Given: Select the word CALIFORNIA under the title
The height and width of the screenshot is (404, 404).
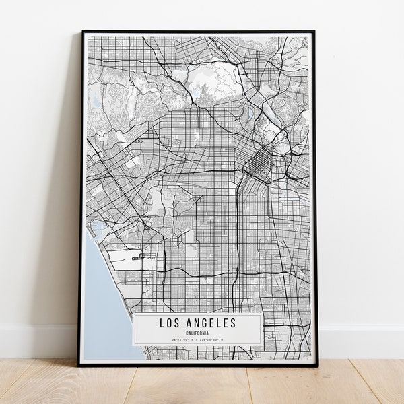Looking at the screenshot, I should (198, 333).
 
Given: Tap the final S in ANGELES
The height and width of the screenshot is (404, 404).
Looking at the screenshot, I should (234, 323).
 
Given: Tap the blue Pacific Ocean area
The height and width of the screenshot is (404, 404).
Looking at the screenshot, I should (101, 296).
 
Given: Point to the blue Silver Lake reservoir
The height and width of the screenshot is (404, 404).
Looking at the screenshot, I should (250, 112).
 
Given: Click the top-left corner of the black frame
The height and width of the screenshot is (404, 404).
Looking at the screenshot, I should (83, 32).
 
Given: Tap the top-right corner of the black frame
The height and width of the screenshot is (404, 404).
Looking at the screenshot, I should (314, 32).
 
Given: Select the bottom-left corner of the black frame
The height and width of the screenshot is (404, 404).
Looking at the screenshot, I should (79, 364).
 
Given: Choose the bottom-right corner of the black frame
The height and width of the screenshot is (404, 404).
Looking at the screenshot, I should (317, 364).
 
